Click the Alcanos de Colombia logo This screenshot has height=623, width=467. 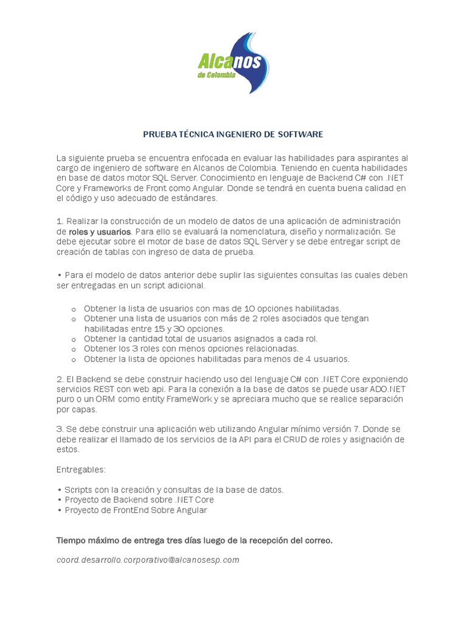pos(233,63)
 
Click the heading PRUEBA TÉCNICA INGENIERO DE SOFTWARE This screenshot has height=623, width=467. pos(233,134)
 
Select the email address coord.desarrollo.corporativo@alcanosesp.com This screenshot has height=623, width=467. pos(148,560)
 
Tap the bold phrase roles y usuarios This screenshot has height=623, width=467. pos(100,232)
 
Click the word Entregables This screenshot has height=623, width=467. pos(80,470)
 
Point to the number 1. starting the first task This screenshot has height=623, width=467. pos(60,221)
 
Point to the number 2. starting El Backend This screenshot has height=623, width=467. pos(60,379)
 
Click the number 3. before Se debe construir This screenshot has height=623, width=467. pos(60,429)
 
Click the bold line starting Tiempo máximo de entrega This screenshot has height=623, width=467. pos(195,540)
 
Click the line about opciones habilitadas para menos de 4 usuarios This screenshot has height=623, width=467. pos(216,359)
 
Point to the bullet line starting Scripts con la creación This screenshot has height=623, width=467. pos(174,489)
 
